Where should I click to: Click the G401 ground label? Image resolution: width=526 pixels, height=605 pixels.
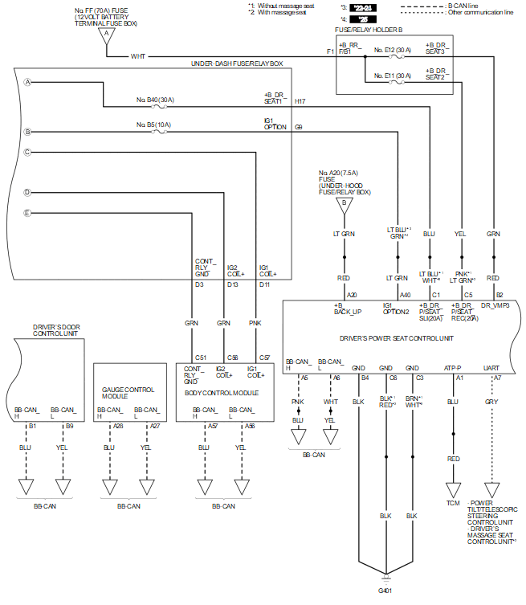tap(386, 591)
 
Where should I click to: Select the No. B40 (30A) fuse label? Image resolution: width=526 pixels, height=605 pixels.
tap(155, 100)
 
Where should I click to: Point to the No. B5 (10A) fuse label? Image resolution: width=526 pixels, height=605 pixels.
tap(153, 125)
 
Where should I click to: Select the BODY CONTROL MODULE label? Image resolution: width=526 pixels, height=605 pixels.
tap(222, 393)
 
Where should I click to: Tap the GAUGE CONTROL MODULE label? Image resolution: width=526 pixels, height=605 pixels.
tap(124, 393)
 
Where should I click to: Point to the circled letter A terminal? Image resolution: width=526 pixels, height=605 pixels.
tap(27, 83)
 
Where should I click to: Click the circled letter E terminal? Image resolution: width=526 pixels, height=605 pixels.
tap(27, 213)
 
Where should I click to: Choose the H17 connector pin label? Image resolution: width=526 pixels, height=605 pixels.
tap(300, 102)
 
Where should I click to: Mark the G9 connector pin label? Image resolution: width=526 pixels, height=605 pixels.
tap(298, 127)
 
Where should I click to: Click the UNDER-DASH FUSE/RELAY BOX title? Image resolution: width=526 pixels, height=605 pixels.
tap(236, 63)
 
